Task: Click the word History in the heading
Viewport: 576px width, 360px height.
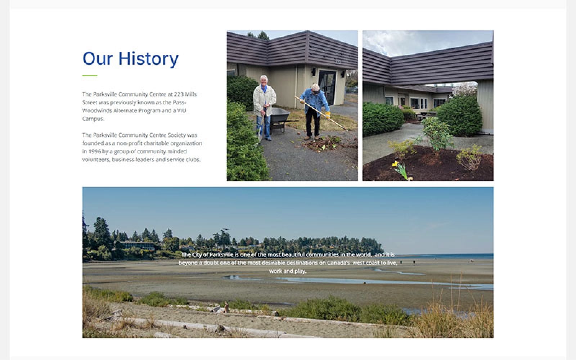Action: coord(148,59)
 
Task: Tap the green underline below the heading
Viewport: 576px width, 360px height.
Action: coord(90,75)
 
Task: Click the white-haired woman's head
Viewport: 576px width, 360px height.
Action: coord(263,80)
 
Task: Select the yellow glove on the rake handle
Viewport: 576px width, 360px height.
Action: coord(327,115)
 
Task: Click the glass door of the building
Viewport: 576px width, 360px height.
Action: coord(327,87)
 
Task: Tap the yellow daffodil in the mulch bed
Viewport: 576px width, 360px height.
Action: coord(395,164)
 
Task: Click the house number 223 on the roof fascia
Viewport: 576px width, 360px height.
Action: coord(338,62)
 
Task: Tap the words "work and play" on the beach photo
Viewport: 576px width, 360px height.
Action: coord(288,271)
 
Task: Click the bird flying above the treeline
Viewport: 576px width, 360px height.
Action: coord(225,229)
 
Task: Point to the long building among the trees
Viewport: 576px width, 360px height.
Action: coord(138,245)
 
